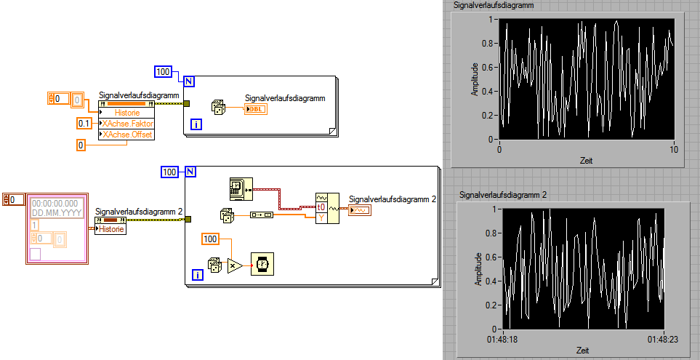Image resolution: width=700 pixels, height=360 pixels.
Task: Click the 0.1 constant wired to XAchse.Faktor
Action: click(84, 124)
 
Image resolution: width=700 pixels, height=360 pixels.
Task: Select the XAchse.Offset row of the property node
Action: click(128, 134)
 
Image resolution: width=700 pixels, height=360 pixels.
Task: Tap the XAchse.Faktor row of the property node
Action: click(128, 124)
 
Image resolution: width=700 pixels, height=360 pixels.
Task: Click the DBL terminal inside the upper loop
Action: click(257, 109)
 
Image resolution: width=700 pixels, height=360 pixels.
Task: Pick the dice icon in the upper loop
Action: click(218, 108)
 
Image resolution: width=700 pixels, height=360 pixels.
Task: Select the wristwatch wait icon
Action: click(262, 265)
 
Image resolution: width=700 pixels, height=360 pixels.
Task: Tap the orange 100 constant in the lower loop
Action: click(210, 239)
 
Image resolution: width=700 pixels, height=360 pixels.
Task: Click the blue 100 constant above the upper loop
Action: click(163, 72)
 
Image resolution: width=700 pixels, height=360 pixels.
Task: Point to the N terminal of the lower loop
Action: click(190, 172)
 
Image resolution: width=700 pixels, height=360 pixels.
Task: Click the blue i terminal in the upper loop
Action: click(197, 125)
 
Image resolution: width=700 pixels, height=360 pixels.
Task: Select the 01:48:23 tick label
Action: click(663, 339)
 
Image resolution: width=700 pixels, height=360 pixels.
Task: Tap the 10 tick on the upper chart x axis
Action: click(674, 149)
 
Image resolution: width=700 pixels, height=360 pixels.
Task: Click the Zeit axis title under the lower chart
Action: click(583, 350)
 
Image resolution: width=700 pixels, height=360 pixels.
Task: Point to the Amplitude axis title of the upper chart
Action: click(475, 79)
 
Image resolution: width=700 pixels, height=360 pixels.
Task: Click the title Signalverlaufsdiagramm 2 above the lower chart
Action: click(504, 195)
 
